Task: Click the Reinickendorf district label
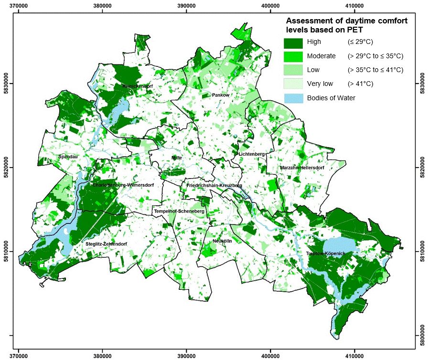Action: pyautogui.click(x=137, y=86)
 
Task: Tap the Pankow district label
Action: pyautogui.click(x=221, y=95)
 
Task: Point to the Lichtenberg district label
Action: pyautogui.click(x=252, y=154)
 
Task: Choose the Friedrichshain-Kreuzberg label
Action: pyautogui.click(x=214, y=185)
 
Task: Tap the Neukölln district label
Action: pyautogui.click(x=222, y=241)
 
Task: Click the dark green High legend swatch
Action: pyautogui.click(x=293, y=42)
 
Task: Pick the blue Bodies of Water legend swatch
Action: pyautogui.click(x=293, y=98)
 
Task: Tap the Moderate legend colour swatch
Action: pyautogui.click(x=293, y=56)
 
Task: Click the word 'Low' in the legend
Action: pyautogui.click(x=313, y=70)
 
